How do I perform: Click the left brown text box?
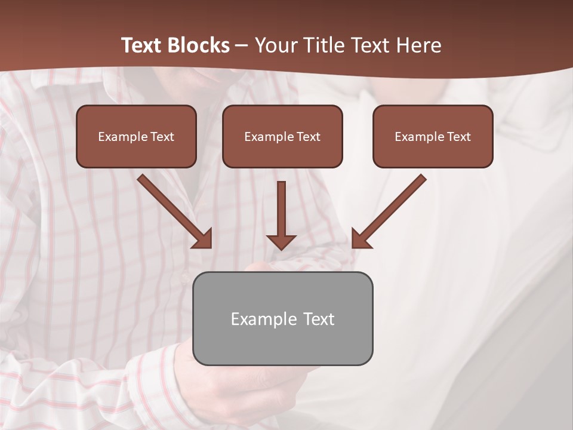point(136,136)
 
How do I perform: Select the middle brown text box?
point(282,136)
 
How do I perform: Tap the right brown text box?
point(433,136)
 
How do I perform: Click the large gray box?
point(282,318)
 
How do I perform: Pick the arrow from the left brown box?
point(173,210)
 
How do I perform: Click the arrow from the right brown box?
point(390,210)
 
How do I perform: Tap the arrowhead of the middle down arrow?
point(281,241)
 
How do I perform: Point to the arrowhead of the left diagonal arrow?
point(203,239)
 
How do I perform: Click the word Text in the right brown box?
point(458,137)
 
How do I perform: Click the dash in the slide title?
point(242,46)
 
